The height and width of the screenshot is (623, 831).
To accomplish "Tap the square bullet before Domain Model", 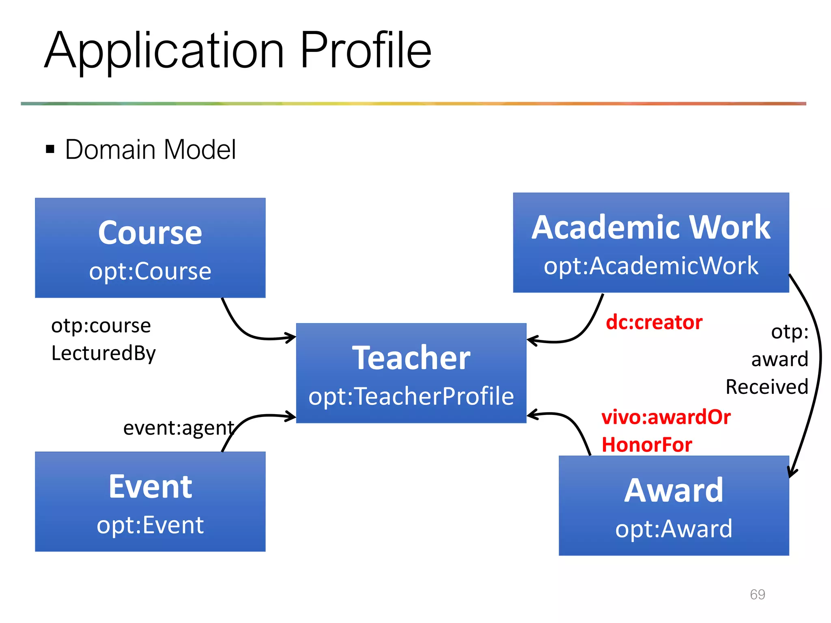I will pyautogui.click(x=50, y=149).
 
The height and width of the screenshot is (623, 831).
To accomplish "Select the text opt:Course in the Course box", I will pyautogui.click(x=150, y=271).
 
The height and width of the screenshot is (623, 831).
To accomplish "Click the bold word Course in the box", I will pyautogui.click(x=150, y=233).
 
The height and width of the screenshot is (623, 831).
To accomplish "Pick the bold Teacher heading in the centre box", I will pyautogui.click(x=411, y=358).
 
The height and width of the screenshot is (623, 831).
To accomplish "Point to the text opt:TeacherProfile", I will pyautogui.click(x=411, y=396).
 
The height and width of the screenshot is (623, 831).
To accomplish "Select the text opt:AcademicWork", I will pyautogui.click(x=651, y=266).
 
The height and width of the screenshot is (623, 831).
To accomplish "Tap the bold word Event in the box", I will pyautogui.click(x=150, y=487).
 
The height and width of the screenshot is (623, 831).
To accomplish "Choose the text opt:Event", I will pyautogui.click(x=150, y=525).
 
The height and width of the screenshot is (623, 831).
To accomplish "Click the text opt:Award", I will pyautogui.click(x=674, y=529).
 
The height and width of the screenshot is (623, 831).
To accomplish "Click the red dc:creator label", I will pyautogui.click(x=654, y=322).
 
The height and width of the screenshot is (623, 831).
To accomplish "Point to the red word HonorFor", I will pyautogui.click(x=647, y=445).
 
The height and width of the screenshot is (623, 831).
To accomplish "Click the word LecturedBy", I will pyautogui.click(x=103, y=353).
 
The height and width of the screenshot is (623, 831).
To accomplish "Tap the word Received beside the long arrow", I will pyautogui.click(x=766, y=387).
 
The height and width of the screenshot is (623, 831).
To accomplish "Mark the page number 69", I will pyautogui.click(x=757, y=594).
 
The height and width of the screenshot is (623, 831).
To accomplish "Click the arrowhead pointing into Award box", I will pyautogui.click(x=792, y=473).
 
